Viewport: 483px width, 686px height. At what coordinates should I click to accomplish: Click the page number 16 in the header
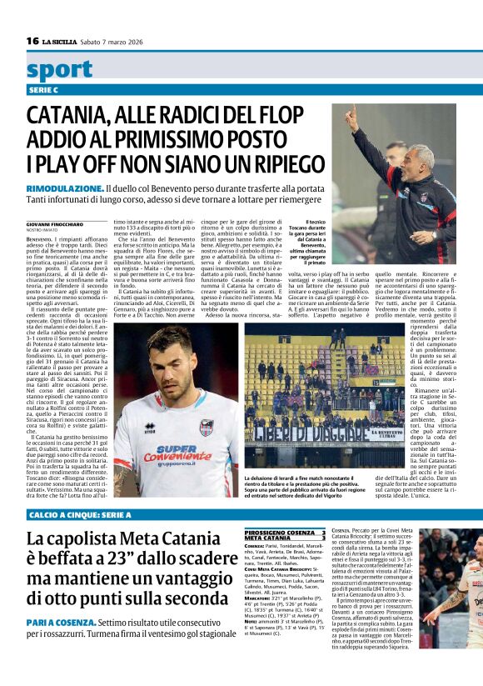tap(32, 40)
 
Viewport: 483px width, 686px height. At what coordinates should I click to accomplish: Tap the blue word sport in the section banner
tap(59, 69)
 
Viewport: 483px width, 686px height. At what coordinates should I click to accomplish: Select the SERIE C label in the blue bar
tap(43, 89)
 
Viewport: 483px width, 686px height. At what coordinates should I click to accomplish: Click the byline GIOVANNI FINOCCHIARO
tap(56, 225)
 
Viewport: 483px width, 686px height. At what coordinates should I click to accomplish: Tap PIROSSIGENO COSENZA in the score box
tap(279, 532)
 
